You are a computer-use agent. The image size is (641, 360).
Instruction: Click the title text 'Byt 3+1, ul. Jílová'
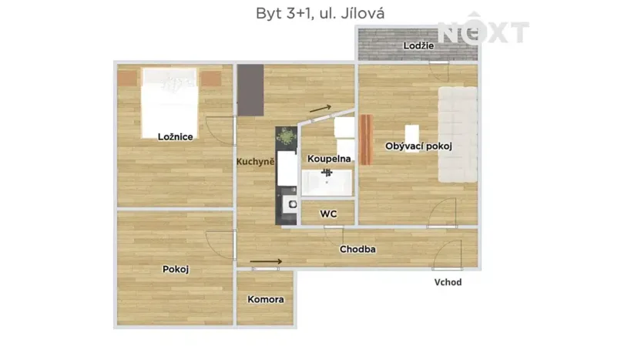point(320,13)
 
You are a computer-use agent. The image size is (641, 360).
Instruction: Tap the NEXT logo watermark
point(483,32)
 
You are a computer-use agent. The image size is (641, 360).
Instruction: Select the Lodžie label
point(418,45)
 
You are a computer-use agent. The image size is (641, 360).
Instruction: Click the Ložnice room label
point(175,136)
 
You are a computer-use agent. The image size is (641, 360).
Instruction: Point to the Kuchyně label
point(255,162)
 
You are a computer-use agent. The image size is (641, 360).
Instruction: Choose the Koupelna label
point(329,159)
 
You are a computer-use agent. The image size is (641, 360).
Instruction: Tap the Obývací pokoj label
point(418,146)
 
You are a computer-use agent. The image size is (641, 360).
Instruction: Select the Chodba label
point(357,249)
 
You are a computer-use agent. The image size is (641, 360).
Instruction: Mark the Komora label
point(265,299)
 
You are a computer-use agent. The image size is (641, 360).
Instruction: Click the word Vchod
point(448,282)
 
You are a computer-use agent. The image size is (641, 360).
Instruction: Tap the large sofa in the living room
point(458,134)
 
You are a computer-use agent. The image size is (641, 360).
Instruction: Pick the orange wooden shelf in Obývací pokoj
point(365,140)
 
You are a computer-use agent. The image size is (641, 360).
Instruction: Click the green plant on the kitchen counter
point(287,137)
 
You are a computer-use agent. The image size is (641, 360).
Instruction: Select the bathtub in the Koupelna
point(326,183)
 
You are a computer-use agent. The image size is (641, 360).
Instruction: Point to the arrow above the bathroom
point(320,109)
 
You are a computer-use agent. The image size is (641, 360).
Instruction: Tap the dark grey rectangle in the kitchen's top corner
point(250,89)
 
